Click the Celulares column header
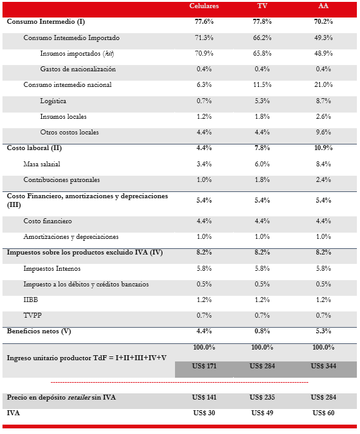(x=204, y=6)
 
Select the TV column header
(x=263, y=6)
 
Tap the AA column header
(x=323, y=6)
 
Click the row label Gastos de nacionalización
(x=77, y=69)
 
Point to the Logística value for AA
(x=323, y=101)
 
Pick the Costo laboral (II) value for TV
(x=263, y=148)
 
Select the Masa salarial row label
(x=45, y=164)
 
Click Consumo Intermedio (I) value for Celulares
(x=204, y=22)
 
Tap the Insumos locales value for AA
(x=323, y=116)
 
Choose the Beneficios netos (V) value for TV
(x=263, y=331)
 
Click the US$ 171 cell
(x=204, y=366)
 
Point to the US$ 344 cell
(x=323, y=366)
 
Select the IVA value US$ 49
(x=263, y=413)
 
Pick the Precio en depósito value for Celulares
(x=204, y=397)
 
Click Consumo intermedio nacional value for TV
(x=263, y=85)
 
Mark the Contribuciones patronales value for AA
(x=323, y=180)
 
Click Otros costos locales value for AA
(x=323, y=133)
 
